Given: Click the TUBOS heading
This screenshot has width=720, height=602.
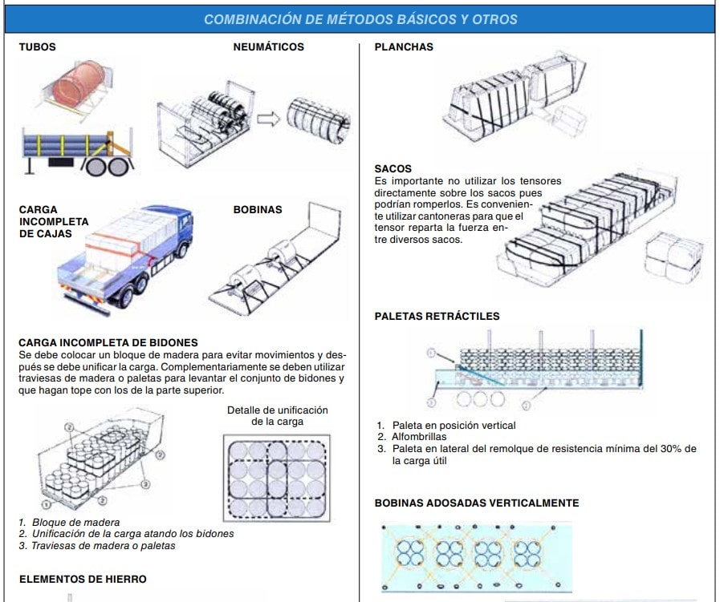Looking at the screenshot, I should coord(37,47).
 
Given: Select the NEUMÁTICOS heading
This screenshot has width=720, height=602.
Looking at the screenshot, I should coord(268,47).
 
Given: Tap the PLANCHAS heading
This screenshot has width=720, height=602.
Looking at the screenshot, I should coord(404,47).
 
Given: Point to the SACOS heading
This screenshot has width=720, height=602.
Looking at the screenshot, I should coord(393,169).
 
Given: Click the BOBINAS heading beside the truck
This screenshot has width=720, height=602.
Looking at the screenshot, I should coord(257,210).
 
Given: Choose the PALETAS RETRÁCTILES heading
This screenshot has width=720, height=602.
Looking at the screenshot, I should coord(437,317).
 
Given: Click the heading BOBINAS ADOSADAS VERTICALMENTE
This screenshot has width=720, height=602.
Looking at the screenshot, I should coord(476,503).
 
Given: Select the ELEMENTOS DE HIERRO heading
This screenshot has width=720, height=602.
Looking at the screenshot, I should coord(83,579).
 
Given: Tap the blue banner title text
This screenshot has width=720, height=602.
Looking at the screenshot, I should coord(360,19).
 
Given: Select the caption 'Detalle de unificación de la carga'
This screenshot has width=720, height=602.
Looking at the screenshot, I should coord(277,415).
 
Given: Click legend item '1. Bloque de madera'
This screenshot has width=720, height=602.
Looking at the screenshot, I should coord(69,523).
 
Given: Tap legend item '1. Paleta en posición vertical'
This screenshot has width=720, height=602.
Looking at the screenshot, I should coord(445,426).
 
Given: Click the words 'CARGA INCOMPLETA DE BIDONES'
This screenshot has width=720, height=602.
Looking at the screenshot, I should coord(108,343).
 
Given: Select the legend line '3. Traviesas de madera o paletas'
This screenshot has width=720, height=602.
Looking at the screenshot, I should coord(97,546).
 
